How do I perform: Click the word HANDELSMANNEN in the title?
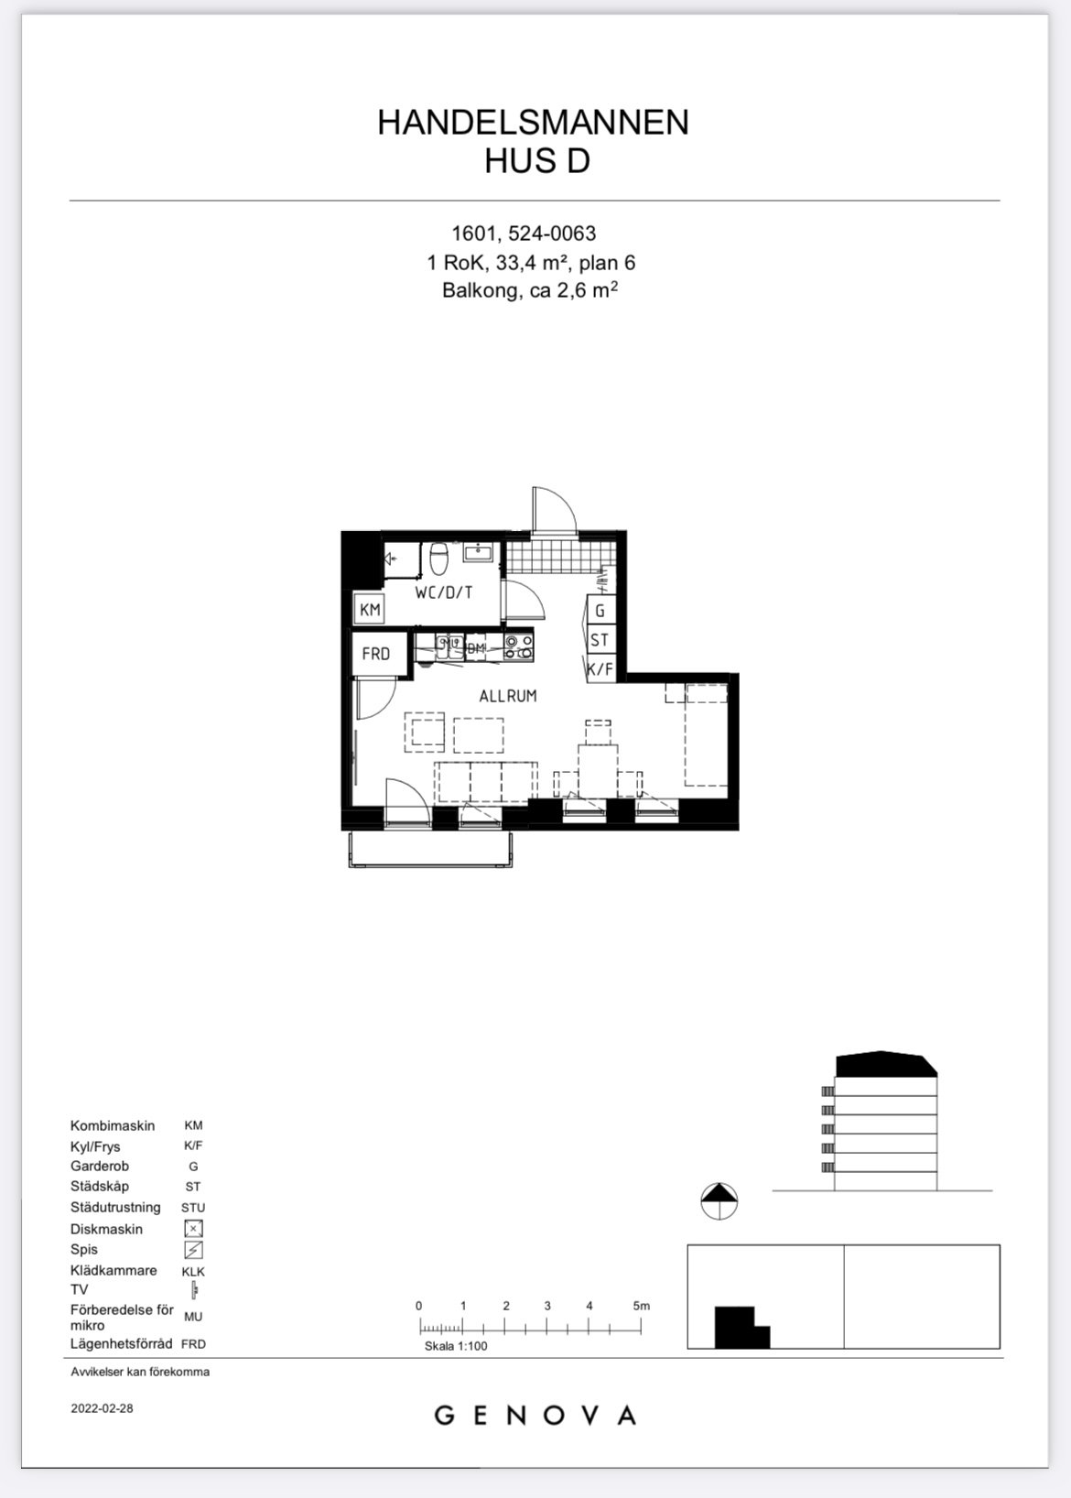[x=533, y=123]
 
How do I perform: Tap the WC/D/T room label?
[x=444, y=592]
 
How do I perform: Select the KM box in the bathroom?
[x=370, y=609]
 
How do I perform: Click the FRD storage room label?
[x=375, y=654]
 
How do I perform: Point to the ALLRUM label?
[x=508, y=696]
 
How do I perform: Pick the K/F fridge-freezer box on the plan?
[x=600, y=668]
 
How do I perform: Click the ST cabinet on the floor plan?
[x=600, y=639]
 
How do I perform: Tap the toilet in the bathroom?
[x=438, y=559]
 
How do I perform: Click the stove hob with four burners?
[x=519, y=646]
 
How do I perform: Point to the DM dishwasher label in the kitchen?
[x=475, y=648]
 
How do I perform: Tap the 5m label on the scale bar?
[x=641, y=1306]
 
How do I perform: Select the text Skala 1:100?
[x=456, y=1346]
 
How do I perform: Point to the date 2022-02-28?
[x=102, y=1407]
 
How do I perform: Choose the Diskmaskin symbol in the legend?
[x=193, y=1229]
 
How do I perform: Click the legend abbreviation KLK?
[x=193, y=1271]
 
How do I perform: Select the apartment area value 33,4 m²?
[x=532, y=263]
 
